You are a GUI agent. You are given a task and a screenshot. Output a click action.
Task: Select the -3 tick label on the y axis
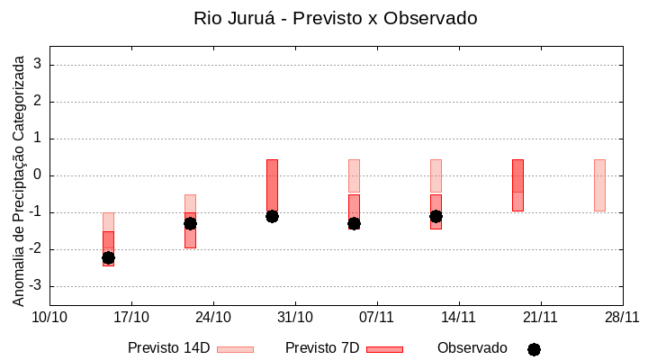(36, 286)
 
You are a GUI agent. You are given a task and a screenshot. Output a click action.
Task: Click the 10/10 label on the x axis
(49, 317)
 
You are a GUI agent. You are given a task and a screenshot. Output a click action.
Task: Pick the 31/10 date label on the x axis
(294, 317)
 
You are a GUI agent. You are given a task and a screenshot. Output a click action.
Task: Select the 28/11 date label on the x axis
(622, 317)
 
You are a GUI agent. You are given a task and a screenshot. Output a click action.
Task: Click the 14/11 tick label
(458, 317)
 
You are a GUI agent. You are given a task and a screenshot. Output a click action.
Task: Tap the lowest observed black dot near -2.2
(108, 257)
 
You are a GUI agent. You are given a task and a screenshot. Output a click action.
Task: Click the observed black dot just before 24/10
(190, 223)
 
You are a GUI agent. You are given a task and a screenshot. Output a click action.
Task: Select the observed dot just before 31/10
(272, 216)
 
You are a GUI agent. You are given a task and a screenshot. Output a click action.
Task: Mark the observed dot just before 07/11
(354, 223)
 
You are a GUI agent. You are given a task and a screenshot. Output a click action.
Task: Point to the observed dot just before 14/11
(436, 216)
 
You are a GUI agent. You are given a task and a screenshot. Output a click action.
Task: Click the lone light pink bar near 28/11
(599, 184)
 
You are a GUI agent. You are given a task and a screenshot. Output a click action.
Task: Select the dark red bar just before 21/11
(517, 184)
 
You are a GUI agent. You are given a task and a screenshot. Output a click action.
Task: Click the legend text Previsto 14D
(168, 348)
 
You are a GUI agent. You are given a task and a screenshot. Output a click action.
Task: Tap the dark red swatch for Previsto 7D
(384, 349)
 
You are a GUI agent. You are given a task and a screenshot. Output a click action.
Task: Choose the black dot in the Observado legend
(534, 349)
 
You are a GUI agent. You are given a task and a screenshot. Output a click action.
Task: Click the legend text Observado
(472, 348)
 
